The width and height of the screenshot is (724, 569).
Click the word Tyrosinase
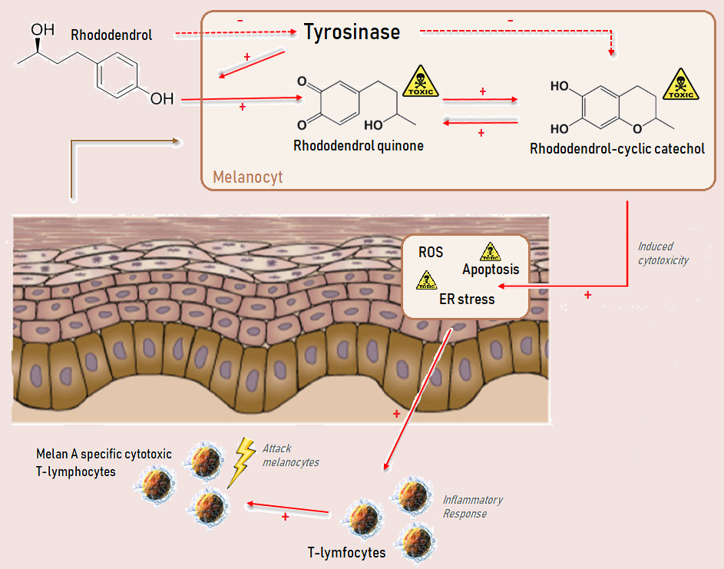pyautogui.click(x=352, y=31)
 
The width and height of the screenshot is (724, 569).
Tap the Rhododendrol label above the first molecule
pyautogui.click(x=111, y=35)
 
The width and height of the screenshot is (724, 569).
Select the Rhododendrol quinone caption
pyautogui.click(x=359, y=144)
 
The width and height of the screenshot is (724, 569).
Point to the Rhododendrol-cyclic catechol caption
pyautogui.click(x=617, y=148)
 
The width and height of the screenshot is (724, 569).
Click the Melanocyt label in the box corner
pyautogui.click(x=247, y=177)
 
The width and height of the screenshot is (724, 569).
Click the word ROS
pyautogui.click(x=431, y=253)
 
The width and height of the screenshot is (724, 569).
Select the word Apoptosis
pyautogui.click(x=491, y=270)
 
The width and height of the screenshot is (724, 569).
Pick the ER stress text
pyautogui.click(x=467, y=299)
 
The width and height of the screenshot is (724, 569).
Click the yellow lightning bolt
pyautogui.click(x=243, y=461)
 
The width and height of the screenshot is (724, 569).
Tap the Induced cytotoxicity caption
pyautogui.click(x=663, y=253)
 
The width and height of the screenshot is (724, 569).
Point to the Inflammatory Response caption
pyautogui.click(x=472, y=506)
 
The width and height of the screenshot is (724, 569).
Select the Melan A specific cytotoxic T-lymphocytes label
pyautogui.click(x=104, y=461)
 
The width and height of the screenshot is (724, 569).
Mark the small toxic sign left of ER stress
pyautogui.click(x=426, y=280)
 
